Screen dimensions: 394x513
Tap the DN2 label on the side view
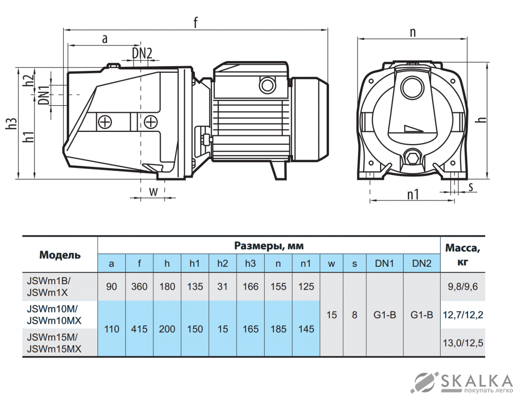click(142, 52)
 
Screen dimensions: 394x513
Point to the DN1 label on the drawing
click(44, 94)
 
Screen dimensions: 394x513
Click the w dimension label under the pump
click(153, 191)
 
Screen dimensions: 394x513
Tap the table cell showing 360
click(139, 287)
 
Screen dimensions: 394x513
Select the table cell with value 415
click(139, 329)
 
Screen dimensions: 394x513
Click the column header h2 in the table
click(222, 264)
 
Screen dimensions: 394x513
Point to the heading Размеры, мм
click(269, 246)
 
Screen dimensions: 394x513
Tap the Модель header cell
click(60, 254)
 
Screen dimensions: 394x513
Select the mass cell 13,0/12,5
click(463, 343)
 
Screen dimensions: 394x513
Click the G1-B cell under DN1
click(385, 315)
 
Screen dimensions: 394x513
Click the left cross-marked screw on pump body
click(105, 122)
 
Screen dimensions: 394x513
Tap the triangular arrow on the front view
click(411, 127)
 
